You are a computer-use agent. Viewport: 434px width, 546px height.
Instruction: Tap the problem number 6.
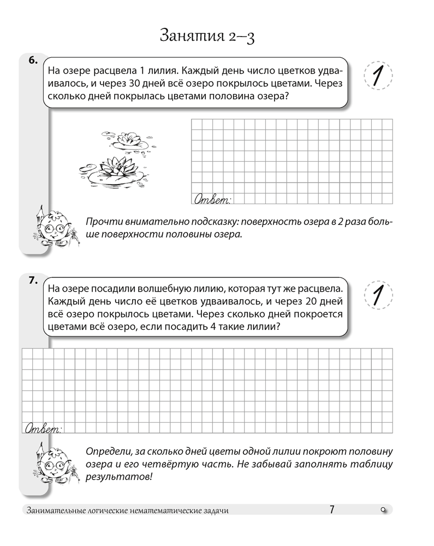32,61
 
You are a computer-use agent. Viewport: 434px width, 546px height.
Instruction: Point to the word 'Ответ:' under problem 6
213,199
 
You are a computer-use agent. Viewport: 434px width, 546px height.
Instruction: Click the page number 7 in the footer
332,510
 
